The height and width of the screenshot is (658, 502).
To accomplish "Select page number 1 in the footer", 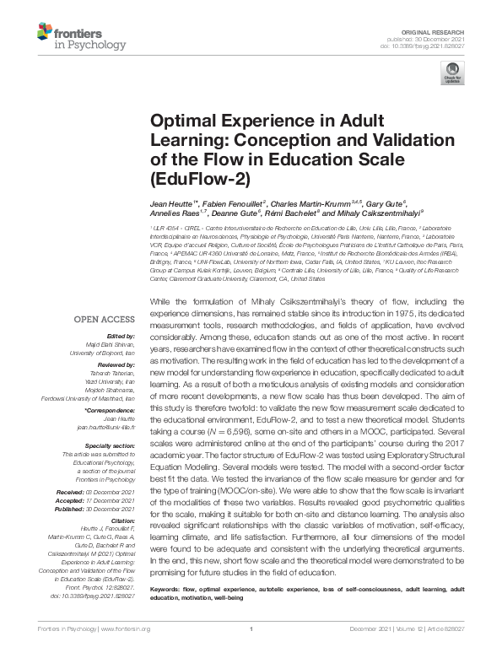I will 251,650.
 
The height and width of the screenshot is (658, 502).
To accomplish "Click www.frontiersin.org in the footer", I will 127,650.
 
